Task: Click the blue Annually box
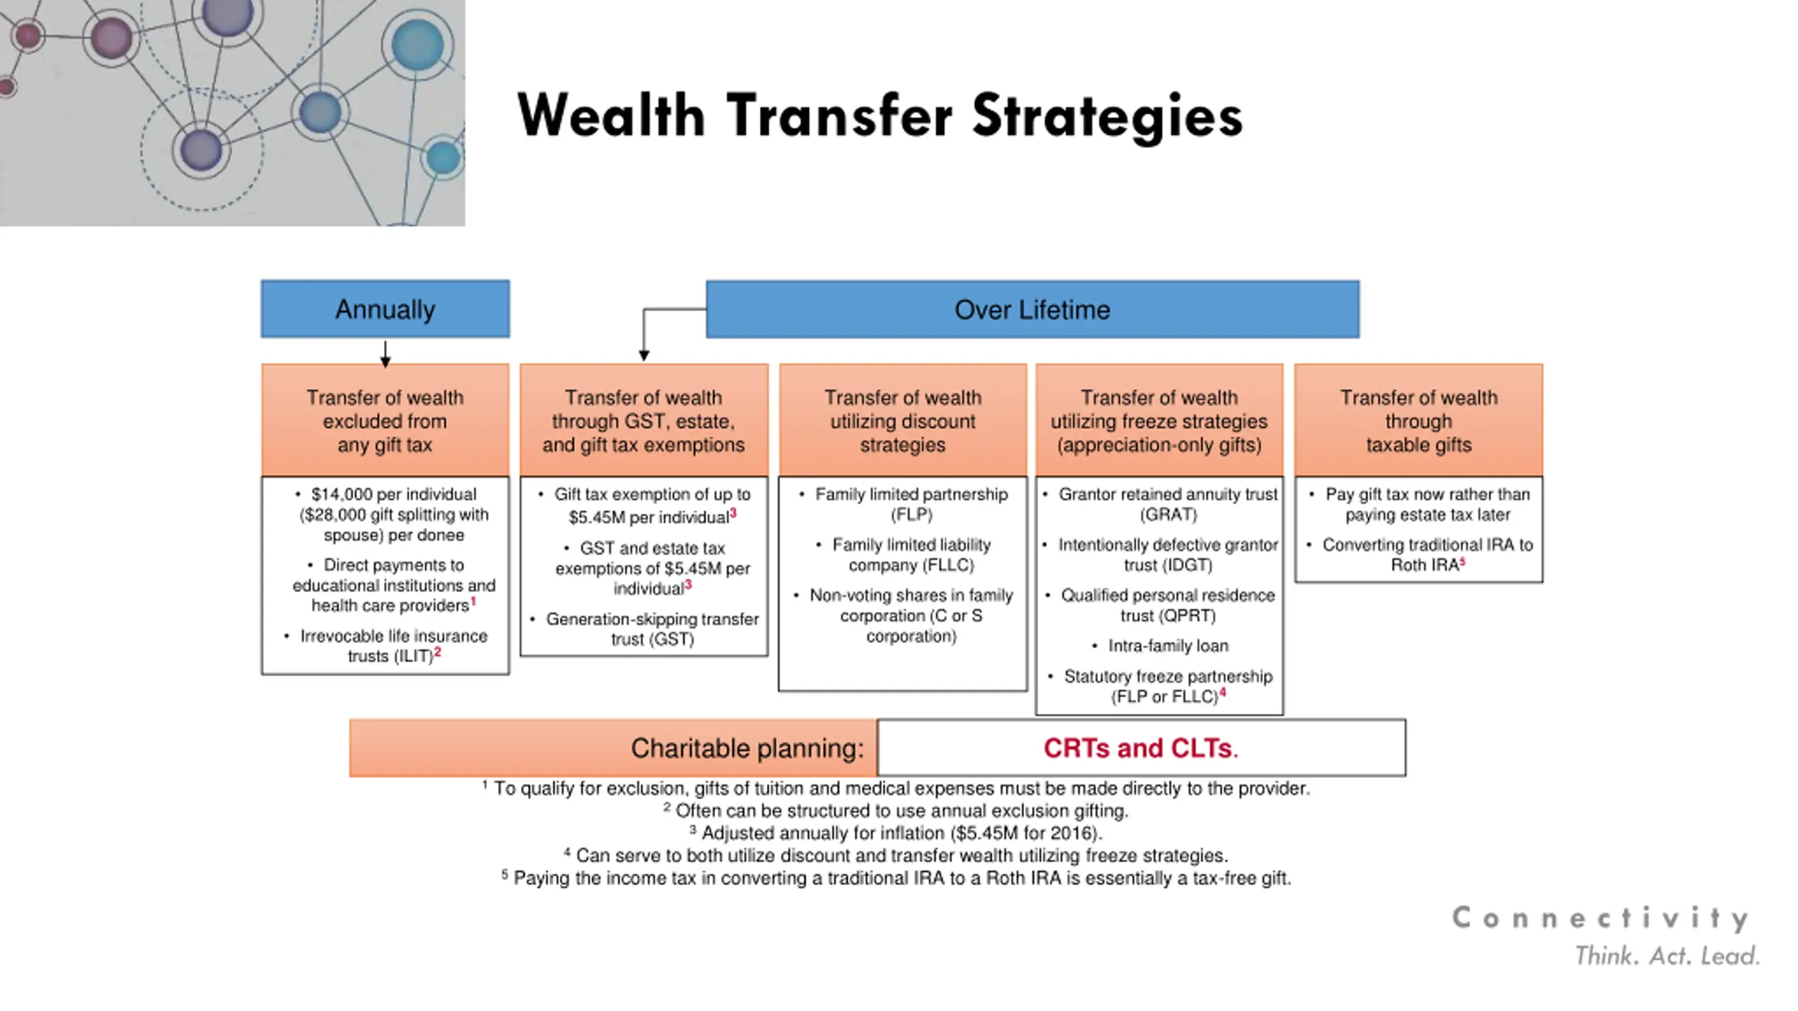[x=385, y=309]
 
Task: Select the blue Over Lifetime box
[x=1032, y=310]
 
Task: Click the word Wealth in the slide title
[x=611, y=116]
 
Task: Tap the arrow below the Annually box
[x=385, y=354]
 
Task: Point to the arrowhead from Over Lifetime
[x=643, y=355]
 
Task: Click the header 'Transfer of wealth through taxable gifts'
[x=1418, y=421]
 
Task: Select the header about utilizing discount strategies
[x=903, y=421]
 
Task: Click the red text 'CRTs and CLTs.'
[x=1141, y=748]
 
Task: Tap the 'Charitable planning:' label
[x=747, y=748]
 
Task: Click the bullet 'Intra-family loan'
[x=1167, y=646]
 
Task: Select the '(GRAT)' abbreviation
[x=1168, y=515]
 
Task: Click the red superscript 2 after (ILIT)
[x=438, y=652]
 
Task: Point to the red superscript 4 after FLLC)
[x=1223, y=693]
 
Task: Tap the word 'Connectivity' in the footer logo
[x=1600, y=918]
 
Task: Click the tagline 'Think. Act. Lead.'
[x=1667, y=956]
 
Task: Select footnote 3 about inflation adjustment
[x=896, y=833]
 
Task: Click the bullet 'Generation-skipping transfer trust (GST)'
[x=652, y=629]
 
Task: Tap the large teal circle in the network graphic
[x=417, y=44]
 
